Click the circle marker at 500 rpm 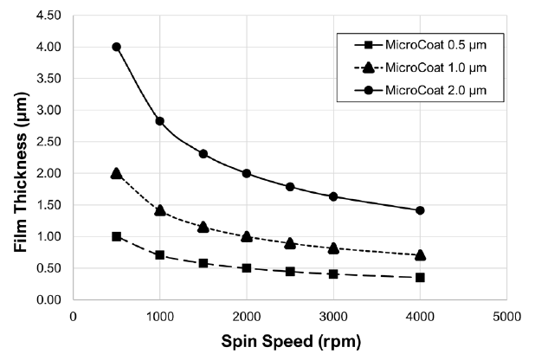coord(116,47)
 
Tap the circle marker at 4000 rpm coord(420,210)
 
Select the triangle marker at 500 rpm coord(116,173)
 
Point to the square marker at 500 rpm coord(116,236)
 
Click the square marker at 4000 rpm coord(420,277)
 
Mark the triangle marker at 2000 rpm coord(247,236)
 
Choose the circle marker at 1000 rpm coord(159,121)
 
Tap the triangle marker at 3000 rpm coord(333,247)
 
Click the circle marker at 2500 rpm coord(290,187)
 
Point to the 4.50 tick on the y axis coord(48,16)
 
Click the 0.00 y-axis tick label coord(48,299)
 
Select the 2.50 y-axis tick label coord(48,142)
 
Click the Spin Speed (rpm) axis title coord(289,341)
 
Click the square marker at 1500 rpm coord(203,263)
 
